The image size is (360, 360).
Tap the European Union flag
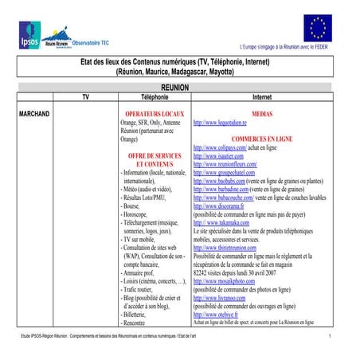pyautogui.click(x=319, y=27)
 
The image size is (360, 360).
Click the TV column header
pyautogui.click(x=88, y=96)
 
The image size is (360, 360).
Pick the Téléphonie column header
pyautogui.click(x=155, y=96)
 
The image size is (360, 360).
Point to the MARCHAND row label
pyautogui.click(x=34, y=115)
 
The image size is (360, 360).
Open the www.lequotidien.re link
pyautogui.click(x=225, y=123)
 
